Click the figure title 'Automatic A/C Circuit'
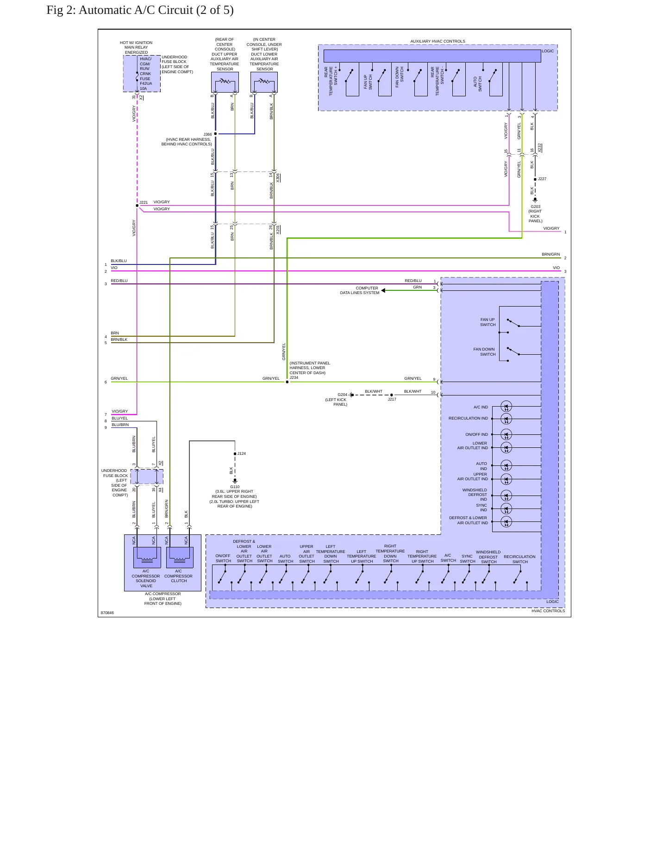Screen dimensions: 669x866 point(136,10)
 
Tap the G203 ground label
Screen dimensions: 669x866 point(535,207)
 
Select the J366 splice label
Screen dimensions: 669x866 point(207,134)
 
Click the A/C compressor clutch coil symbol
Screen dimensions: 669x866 point(179,557)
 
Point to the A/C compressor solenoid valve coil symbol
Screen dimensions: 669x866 point(147,557)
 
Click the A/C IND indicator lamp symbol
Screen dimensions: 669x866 point(506,407)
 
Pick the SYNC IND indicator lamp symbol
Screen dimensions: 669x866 point(506,508)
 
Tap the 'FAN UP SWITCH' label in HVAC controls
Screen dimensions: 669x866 point(488,322)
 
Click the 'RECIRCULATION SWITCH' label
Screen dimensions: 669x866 point(519,559)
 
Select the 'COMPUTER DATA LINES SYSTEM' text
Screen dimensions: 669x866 point(360,290)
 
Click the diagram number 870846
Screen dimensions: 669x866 point(107,613)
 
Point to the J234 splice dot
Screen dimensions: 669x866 point(287,382)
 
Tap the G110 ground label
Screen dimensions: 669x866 point(235,487)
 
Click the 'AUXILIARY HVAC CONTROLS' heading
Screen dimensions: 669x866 point(438,41)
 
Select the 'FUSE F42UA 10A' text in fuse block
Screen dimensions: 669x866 point(146,83)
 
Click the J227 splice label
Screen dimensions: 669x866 point(542,179)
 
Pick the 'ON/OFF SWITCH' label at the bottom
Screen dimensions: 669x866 point(223,558)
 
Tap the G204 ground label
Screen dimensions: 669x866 point(343,395)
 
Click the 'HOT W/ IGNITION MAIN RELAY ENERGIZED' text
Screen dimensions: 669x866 point(136,47)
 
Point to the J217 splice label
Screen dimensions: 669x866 point(392,399)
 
